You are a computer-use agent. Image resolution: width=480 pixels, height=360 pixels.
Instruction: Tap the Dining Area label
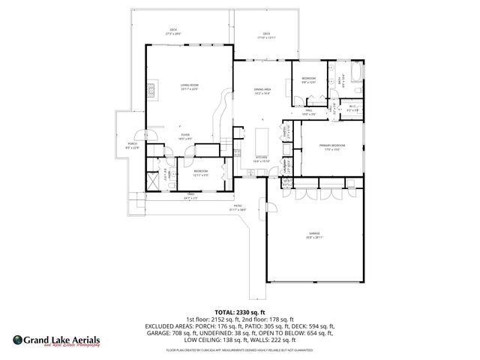click(262, 91)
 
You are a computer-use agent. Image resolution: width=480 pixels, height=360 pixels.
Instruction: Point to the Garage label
click(313, 235)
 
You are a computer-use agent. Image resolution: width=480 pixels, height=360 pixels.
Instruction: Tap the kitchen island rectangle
click(263, 139)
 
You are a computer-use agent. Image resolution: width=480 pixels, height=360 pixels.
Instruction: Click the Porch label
click(132, 145)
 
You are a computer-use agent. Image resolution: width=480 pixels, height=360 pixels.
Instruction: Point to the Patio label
click(236, 207)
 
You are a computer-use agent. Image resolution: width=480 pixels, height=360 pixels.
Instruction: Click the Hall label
click(308, 111)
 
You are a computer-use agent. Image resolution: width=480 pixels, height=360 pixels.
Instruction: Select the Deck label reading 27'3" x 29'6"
click(173, 31)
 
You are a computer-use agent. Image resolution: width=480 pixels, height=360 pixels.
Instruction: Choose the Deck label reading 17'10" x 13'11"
click(267, 34)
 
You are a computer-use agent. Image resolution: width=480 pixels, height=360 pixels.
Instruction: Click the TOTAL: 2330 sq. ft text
click(240, 311)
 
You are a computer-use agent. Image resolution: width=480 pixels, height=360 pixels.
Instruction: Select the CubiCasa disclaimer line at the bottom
click(240, 349)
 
